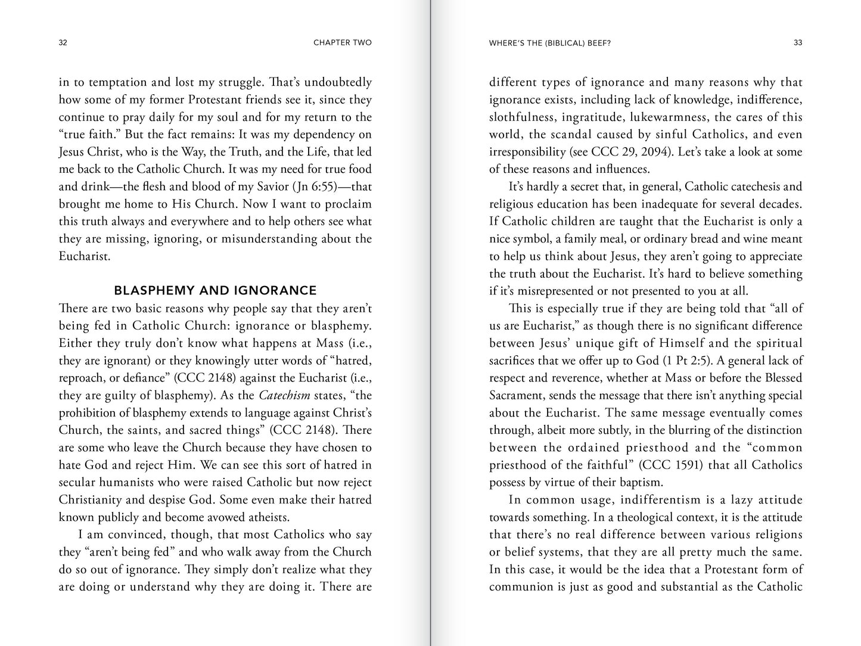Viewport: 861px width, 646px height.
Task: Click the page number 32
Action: point(63,43)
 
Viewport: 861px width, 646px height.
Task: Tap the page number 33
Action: point(798,43)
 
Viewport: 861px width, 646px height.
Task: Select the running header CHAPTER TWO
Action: point(342,43)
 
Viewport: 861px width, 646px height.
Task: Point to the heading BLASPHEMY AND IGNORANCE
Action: point(215,291)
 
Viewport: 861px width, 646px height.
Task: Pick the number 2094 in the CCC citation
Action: point(654,152)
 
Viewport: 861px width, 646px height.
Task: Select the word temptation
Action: point(105,82)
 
